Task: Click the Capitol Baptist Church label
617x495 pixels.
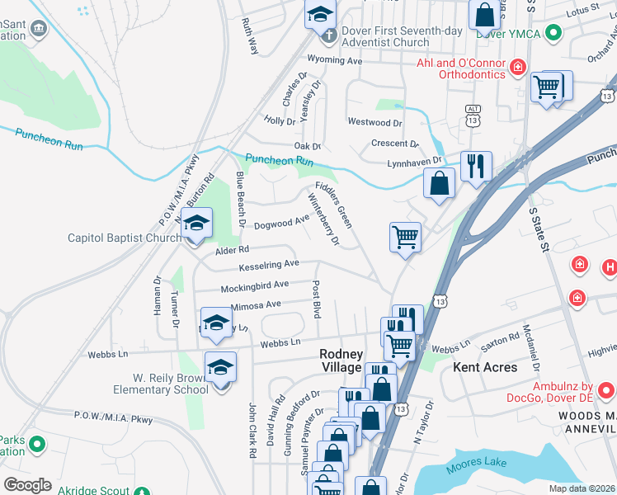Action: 124,238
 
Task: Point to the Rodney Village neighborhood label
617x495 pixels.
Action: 341,361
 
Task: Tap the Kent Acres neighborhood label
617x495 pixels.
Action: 485,367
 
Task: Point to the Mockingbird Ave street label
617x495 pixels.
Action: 254,285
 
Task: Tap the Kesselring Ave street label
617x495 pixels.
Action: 268,265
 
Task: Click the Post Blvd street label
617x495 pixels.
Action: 316,299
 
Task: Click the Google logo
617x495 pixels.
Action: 28,485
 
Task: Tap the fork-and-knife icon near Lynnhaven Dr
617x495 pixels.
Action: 476,166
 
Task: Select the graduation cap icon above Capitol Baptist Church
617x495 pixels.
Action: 196,223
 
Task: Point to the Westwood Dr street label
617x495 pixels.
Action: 374,123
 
